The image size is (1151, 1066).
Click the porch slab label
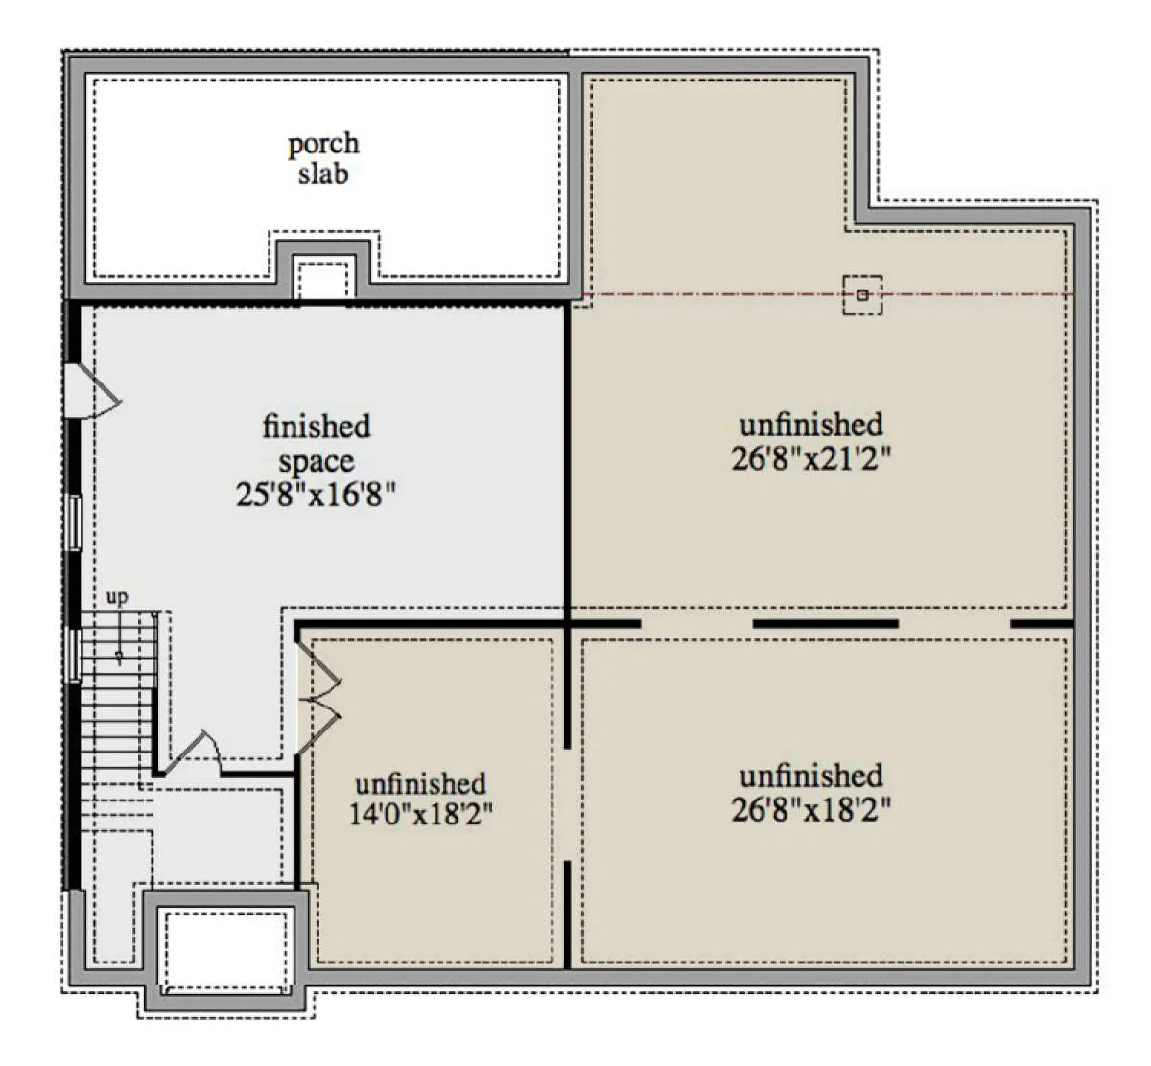(323, 159)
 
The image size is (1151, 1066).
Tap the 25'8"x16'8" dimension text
(316, 496)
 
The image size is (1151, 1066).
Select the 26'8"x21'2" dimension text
(810, 459)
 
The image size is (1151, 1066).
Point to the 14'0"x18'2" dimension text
(420, 814)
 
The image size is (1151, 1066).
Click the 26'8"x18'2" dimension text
(810, 810)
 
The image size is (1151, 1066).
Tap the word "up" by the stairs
(117, 597)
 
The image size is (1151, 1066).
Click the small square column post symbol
(862, 295)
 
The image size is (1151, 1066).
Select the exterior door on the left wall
(91, 390)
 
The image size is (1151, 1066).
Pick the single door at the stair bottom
(191, 753)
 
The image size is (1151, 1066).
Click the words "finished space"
(317, 443)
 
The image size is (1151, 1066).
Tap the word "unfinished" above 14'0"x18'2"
(420, 784)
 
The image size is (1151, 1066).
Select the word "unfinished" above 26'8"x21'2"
(810, 425)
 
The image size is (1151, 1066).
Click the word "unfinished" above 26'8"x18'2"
(810, 776)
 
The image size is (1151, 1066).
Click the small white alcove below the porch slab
(323, 279)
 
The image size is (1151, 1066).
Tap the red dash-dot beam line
(828, 295)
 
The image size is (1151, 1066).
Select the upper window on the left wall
(74, 523)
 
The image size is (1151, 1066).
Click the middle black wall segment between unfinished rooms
(825, 624)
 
